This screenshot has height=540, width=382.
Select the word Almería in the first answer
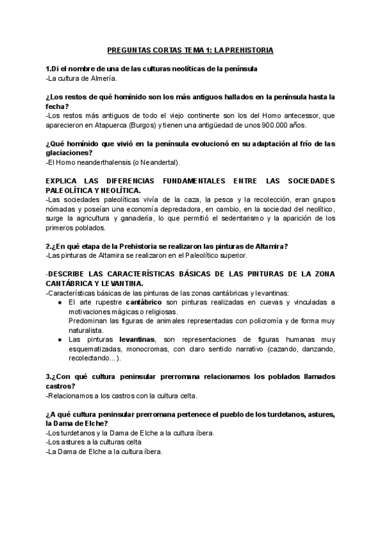click(x=103, y=78)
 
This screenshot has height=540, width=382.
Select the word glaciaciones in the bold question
click(x=68, y=153)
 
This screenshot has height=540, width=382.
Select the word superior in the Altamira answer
click(x=230, y=256)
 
